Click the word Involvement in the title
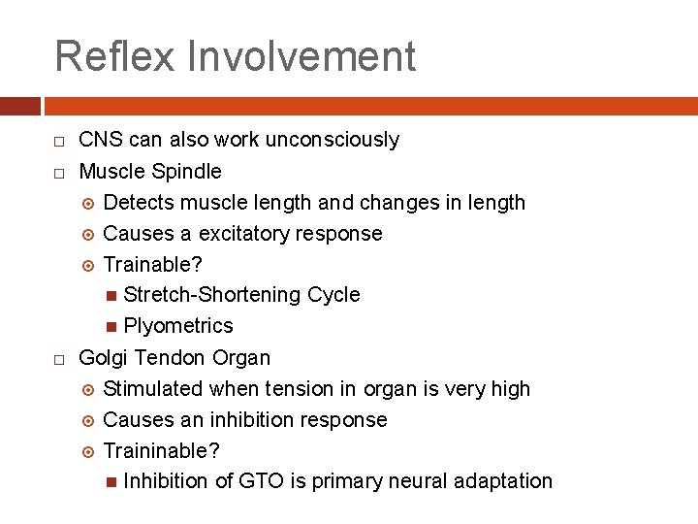click(x=302, y=56)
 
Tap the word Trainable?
click(x=153, y=265)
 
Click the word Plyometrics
click(x=178, y=326)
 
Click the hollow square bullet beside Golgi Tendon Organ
click(x=59, y=359)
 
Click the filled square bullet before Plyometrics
click(x=112, y=327)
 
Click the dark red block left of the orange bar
click(x=20, y=105)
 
